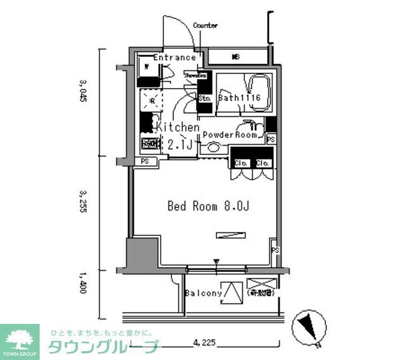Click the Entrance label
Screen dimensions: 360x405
[x=175, y=58]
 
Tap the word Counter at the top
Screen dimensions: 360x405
[x=205, y=26]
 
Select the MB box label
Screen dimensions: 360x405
[x=235, y=58]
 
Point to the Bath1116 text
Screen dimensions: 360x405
[x=239, y=99]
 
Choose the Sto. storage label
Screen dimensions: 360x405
[x=204, y=99]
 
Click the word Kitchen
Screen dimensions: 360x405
[x=178, y=127]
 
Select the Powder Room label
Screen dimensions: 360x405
[x=230, y=135]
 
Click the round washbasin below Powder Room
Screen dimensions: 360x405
[x=213, y=149]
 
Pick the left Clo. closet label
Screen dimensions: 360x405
[x=241, y=163]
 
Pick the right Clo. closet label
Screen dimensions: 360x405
[x=263, y=163]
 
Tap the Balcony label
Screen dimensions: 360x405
[x=203, y=294]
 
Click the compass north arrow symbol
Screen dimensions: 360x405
[x=309, y=326]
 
